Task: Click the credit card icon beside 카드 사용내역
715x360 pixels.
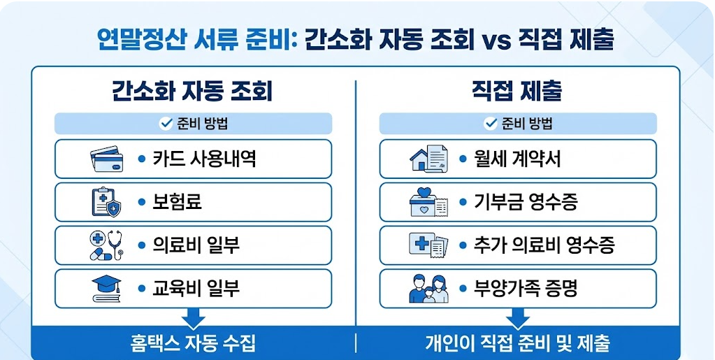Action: click(106, 159)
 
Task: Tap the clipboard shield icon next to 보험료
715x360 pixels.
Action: click(106, 203)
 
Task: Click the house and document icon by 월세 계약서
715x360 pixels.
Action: click(428, 159)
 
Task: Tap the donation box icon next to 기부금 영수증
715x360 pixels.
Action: click(428, 203)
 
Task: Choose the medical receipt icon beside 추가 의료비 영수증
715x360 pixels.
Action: click(428, 245)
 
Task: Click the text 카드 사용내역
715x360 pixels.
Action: click(204, 159)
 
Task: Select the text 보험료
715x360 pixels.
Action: click(178, 203)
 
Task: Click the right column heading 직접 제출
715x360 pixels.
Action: click(517, 91)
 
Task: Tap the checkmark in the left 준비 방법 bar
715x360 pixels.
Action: click(166, 124)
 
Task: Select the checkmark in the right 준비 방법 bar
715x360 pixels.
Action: click(490, 124)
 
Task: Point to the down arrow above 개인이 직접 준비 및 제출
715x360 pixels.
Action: click(517, 319)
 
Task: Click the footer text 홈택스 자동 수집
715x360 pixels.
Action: click(193, 344)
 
